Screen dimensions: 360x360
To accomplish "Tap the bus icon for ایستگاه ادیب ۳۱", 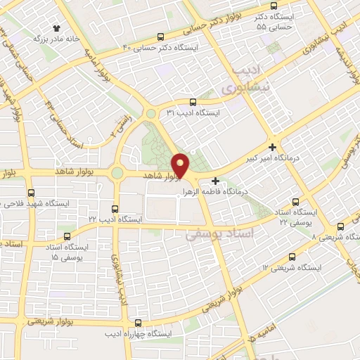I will click(x=193, y=101).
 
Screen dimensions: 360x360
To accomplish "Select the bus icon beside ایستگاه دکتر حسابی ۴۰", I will click(x=160, y=37).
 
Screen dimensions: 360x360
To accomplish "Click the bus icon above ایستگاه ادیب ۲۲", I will click(x=116, y=208).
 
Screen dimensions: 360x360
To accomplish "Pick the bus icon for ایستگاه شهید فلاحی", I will click(x=31, y=193).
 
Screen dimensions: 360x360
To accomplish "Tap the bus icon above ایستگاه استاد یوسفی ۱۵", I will click(x=67, y=237).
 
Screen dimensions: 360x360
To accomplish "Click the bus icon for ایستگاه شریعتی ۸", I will click(x=341, y=226).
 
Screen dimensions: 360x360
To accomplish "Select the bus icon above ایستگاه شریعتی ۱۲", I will click(x=292, y=257).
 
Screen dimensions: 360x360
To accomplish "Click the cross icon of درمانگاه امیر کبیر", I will click(x=272, y=137).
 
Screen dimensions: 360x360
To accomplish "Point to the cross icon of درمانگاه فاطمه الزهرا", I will click(x=215, y=181).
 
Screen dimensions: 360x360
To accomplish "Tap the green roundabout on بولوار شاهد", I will click(x=117, y=172).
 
